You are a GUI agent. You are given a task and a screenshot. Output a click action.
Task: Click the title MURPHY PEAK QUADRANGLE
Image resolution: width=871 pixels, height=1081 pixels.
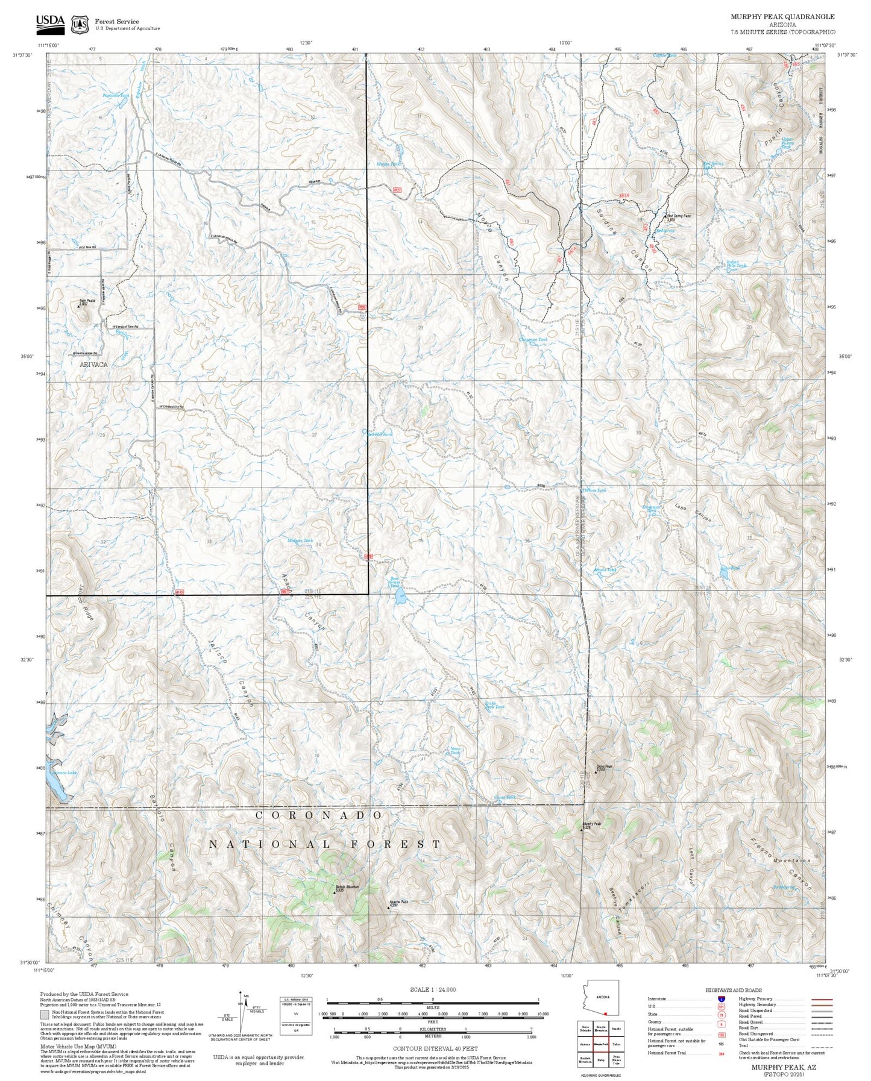tap(783, 17)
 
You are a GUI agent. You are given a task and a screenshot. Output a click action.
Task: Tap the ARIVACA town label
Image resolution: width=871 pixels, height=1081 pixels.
tap(93, 365)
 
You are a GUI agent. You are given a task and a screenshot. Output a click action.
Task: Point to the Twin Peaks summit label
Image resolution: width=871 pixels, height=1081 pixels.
tap(87, 302)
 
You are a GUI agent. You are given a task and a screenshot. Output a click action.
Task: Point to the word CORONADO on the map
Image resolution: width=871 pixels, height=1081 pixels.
tap(319, 815)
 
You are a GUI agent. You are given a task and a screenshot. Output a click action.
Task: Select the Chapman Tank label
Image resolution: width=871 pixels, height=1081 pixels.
tap(533, 340)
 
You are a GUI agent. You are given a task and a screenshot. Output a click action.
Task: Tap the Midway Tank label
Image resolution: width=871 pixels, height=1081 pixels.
tap(300, 541)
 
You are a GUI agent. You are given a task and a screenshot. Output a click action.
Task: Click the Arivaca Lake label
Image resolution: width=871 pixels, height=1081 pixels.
tap(64, 772)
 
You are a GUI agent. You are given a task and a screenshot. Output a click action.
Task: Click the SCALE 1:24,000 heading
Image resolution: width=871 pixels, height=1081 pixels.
tap(424, 989)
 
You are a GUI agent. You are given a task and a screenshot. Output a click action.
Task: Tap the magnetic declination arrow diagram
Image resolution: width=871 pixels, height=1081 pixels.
tap(242, 1012)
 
